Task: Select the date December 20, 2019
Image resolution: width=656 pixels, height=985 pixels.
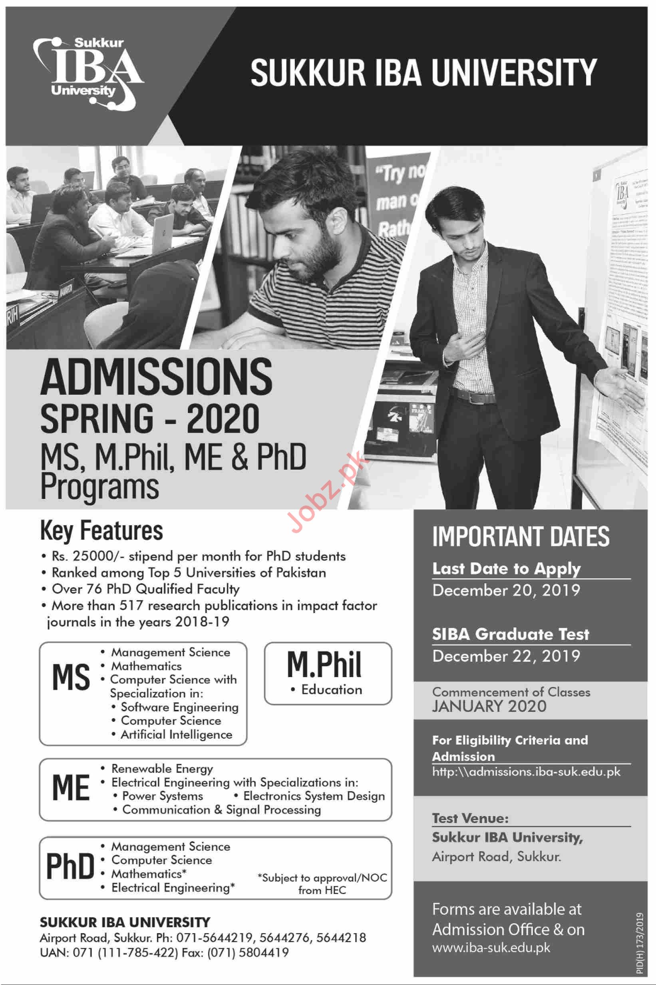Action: [506, 590]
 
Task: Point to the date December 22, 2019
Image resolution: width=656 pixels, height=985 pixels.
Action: [506, 656]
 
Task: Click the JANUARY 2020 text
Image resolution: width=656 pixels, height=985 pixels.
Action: [489, 707]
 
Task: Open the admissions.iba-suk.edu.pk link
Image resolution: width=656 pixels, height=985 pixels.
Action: [526, 772]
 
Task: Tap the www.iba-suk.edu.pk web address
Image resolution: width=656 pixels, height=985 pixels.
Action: [491, 947]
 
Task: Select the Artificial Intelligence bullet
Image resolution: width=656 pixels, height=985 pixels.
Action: [176, 735]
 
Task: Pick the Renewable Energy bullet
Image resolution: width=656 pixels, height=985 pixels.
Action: [162, 769]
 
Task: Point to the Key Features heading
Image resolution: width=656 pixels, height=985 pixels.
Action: [101, 530]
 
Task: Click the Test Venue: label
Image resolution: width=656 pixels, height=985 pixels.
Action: [470, 818]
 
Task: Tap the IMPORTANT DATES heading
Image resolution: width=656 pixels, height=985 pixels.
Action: [521, 537]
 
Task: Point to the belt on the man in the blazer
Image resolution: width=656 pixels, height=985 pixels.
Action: [475, 396]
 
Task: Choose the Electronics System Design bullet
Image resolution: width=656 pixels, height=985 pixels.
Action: [314, 796]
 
